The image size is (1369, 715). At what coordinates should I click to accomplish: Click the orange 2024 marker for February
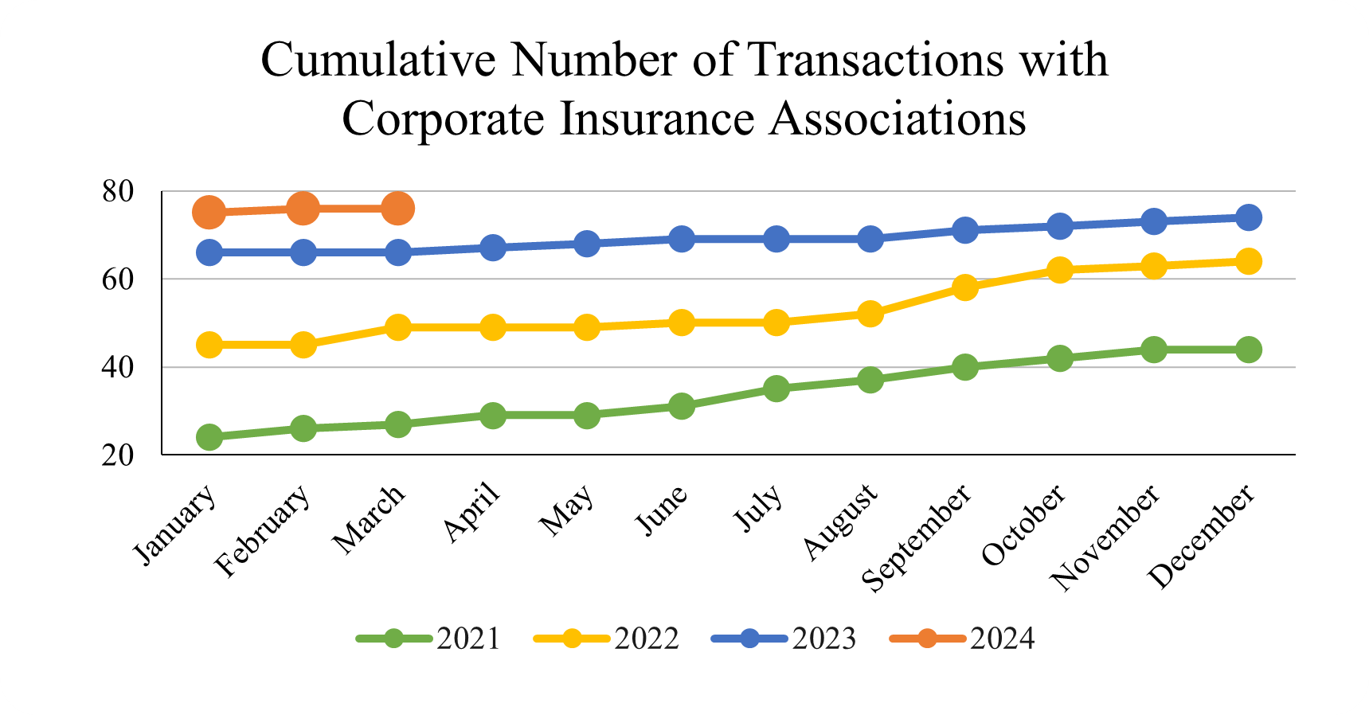click(303, 209)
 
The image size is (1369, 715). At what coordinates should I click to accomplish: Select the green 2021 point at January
click(209, 437)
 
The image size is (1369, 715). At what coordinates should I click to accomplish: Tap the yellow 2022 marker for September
click(964, 287)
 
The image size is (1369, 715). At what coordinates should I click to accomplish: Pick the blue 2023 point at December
click(1248, 217)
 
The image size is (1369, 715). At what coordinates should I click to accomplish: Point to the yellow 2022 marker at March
click(397, 327)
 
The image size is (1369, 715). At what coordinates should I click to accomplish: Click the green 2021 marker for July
click(776, 389)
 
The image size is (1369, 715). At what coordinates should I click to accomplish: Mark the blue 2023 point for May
click(587, 244)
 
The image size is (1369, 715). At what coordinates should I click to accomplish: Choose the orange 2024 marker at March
click(397, 209)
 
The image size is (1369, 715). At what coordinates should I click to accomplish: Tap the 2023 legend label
click(823, 639)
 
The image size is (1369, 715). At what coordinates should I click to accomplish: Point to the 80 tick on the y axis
click(118, 192)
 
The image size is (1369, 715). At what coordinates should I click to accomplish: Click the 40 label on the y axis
click(118, 368)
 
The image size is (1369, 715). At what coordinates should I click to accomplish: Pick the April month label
click(472, 513)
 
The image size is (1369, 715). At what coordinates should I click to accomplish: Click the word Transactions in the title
click(875, 60)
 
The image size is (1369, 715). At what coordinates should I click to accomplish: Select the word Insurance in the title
click(656, 119)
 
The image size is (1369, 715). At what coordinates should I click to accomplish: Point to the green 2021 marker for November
click(1154, 350)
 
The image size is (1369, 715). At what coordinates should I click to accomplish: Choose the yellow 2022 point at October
click(1059, 270)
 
